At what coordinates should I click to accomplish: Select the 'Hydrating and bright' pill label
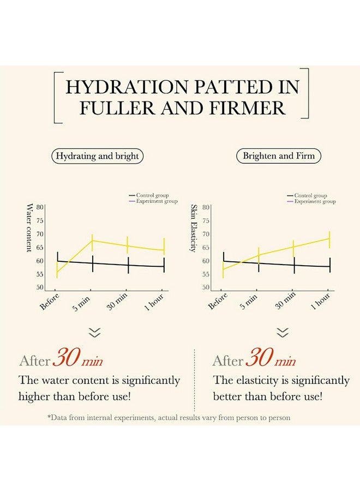(x=98, y=156)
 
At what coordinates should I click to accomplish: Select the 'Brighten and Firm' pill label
(x=279, y=156)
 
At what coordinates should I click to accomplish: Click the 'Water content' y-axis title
(x=29, y=227)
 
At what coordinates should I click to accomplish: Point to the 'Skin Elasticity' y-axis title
(x=193, y=228)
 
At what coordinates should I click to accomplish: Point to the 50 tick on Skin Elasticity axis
(x=206, y=288)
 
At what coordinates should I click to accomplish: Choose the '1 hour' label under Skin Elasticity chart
(x=321, y=301)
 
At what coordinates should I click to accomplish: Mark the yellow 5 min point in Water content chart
(x=92, y=241)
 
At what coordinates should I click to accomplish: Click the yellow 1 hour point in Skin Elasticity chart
(x=329, y=238)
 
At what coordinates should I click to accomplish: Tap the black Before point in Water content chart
(x=57, y=261)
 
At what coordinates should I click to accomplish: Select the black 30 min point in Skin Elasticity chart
(x=293, y=265)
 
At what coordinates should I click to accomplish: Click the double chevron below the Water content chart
(x=95, y=333)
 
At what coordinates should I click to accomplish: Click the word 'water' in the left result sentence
(x=56, y=380)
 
